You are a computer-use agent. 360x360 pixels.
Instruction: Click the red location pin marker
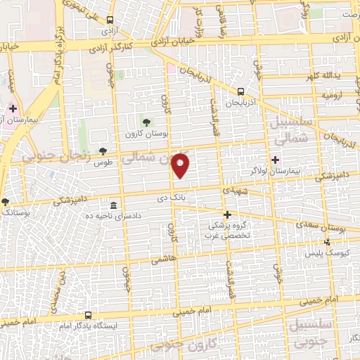(x=182, y=165)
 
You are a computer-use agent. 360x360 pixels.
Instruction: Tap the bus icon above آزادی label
(x=110, y=22)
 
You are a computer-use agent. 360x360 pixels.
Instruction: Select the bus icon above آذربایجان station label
(x=241, y=91)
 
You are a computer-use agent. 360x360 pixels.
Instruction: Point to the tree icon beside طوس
(x=103, y=151)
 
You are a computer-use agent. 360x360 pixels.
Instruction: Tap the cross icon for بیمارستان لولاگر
(x=275, y=160)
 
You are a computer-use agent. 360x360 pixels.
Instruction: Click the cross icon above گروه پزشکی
(x=227, y=214)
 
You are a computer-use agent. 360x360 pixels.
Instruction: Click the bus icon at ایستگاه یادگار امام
(x=88, y=316)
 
